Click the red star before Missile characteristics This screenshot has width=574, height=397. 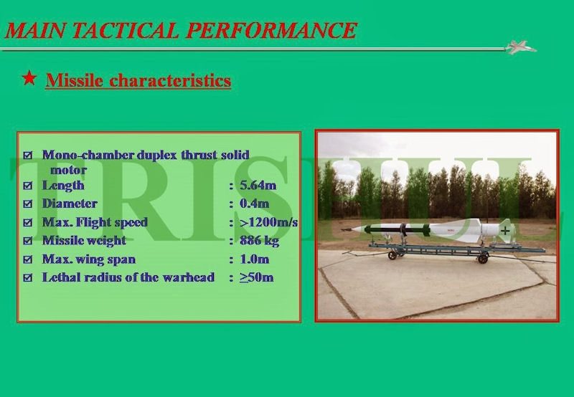click(x=29, y=78)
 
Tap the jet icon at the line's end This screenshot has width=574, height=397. click(x=520, y=47)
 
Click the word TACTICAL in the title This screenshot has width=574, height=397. click(x=125, y=30)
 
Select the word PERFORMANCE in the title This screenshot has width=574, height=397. click(x=271, y=30)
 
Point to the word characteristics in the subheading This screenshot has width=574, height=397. click(x=170, y=80)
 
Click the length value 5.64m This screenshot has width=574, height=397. click(x=258, y=186)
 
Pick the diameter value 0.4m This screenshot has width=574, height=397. click(x=255, y=204)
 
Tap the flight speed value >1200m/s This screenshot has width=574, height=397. click(x=268, y=222)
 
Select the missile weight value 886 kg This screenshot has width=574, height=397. click(x=259, y=241)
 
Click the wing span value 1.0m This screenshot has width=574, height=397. click(x=255, y=259)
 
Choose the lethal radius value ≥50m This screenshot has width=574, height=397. click(x=257, y=277)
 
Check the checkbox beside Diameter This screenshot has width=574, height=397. click(x=28, y=204)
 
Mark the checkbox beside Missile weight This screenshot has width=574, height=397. click(x=28, y=241)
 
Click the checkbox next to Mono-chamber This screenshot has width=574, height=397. click(x=28, y=155)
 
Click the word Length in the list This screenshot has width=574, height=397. click(x=63, y=186)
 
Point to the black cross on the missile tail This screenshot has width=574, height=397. click(x=505, y=230)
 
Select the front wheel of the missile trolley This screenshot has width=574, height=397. click(x=392, y=255)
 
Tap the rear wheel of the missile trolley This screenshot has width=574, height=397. click(x=483, y=259)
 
